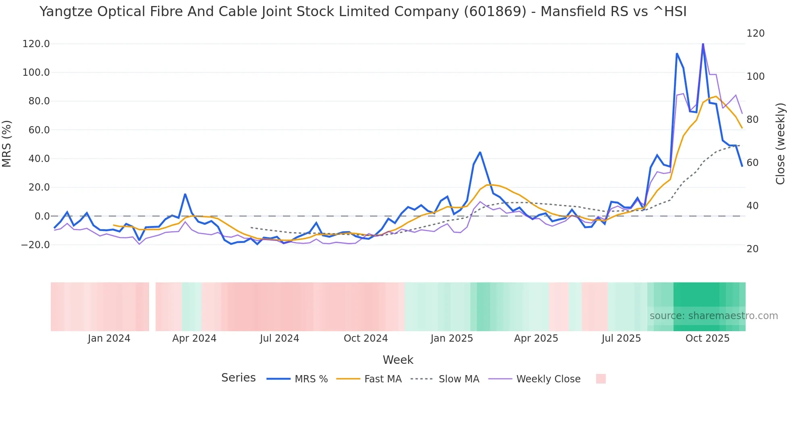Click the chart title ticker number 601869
495,12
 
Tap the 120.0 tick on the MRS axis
36,44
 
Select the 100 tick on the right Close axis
755,77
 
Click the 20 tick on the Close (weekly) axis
753,249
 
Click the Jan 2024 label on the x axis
109,338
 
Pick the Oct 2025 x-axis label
707,338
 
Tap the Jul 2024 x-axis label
279,338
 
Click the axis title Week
398,360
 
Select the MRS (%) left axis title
7,143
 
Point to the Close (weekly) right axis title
781,144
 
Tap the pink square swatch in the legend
601,379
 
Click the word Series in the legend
238,378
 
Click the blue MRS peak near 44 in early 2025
480,152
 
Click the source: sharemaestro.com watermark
713,316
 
